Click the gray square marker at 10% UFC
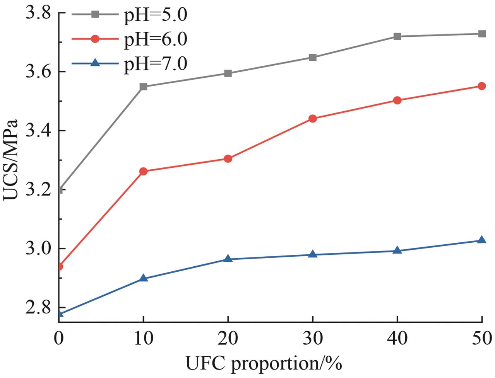pos(144,87)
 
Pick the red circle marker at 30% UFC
pos(313,119)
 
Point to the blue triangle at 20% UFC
pos(228,259)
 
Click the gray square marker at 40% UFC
pos(397,36)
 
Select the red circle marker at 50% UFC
pos(482,86)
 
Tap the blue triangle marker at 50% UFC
pos(482,240)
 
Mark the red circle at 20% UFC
pos(228,158)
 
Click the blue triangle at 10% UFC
pos(144,278)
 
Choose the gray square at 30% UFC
pos(313,58)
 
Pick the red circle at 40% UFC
pos(397,100)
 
